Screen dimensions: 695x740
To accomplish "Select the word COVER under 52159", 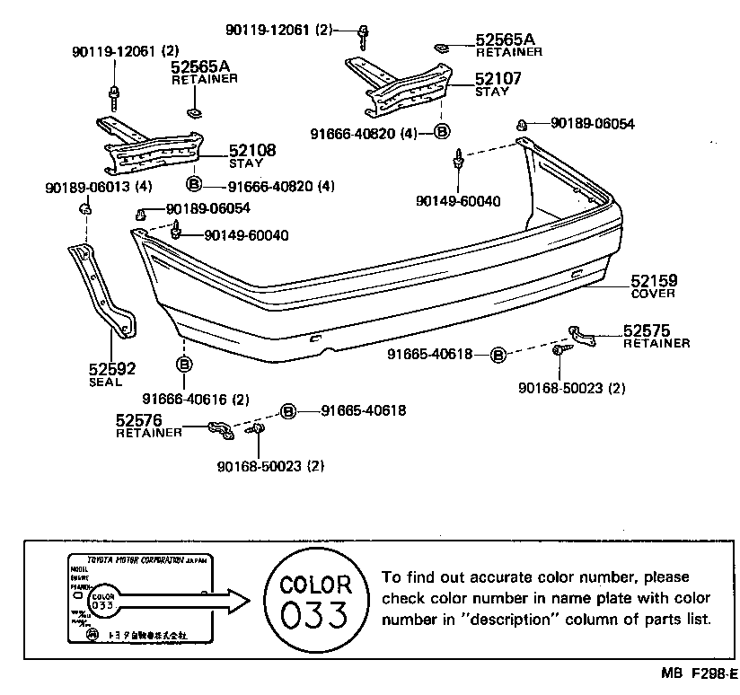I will (653, 294).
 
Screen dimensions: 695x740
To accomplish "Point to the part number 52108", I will (251, 151).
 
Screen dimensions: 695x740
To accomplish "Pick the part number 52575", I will (647, 330).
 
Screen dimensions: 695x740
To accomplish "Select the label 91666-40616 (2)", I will (195, 398).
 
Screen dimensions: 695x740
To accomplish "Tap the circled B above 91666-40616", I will (183, 365).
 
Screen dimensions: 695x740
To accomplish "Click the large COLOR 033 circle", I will (313, 601).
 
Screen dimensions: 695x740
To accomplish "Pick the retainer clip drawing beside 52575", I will (583, 335).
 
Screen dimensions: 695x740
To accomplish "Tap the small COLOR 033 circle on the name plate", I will (103, 598).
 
